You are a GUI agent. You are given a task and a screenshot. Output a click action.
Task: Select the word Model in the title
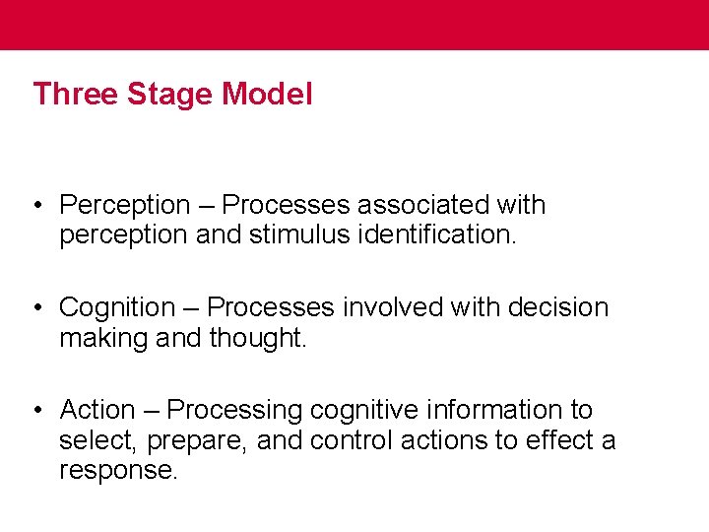point(268,95)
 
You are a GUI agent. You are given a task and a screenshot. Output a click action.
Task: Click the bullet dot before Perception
point(36,206)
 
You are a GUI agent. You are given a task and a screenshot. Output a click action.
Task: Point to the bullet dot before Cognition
point(36,308)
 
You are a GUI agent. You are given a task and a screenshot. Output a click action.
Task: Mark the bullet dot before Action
point(36,410)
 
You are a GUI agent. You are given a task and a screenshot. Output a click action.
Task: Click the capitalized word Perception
point(125,206)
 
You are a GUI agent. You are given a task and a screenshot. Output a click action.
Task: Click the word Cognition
point(117,307)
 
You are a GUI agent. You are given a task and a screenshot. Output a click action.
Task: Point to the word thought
point(259,339)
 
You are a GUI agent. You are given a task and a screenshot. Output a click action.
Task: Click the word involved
point(394,307)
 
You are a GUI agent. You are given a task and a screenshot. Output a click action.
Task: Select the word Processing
point(237,410)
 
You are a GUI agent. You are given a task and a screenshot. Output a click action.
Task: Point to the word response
point(118,471)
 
